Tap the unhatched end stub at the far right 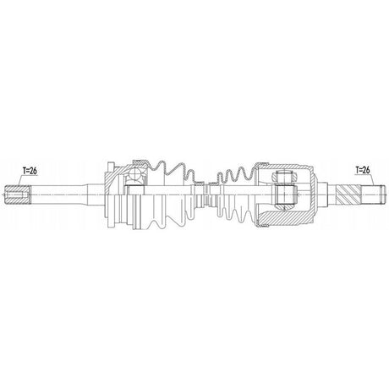coord(371,194)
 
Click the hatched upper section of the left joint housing coord(118,169)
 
